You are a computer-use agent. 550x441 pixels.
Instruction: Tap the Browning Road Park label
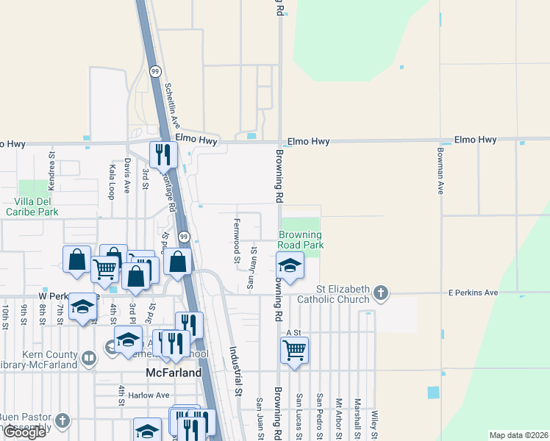[300, 240]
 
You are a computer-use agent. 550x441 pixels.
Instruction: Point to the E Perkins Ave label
[474, 293]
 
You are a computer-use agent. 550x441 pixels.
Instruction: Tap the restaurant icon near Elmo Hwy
[162, 154]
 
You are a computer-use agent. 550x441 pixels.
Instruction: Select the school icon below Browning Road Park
[290, 265]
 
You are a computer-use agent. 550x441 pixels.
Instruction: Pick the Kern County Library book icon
[88, 359]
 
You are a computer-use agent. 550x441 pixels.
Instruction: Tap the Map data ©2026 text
[518, 435]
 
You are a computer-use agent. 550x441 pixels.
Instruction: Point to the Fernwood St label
[237, 240]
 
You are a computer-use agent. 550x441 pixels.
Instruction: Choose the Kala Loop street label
[112, 182]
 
